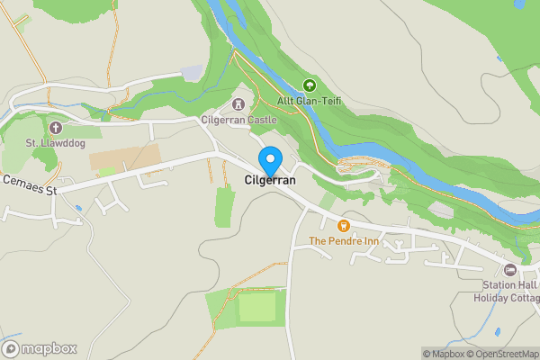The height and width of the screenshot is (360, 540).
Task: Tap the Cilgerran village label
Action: click(x=269, y=181)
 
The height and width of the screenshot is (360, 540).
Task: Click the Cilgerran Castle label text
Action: click(x=238, y=120)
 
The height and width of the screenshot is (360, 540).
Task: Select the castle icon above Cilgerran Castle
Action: click(x=238, y=104)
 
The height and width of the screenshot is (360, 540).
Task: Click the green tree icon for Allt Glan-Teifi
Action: click(x=310, y=85)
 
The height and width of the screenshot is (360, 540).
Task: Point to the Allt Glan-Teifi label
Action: click(x=310, y=101)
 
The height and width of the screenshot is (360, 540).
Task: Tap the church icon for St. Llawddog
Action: click(x=55, y=128)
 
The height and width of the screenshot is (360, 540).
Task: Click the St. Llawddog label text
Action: click(x=55, y=143)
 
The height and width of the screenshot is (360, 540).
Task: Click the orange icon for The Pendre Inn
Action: click(x=343, y=225)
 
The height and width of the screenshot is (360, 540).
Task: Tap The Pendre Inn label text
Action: click(x=343, y=240)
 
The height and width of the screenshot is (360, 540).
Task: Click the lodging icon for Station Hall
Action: click(x=510, y=270)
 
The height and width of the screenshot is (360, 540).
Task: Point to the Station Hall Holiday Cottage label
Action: click(x=508, y=292)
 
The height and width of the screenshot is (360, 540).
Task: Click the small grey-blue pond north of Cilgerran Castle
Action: click(x=193, y=72)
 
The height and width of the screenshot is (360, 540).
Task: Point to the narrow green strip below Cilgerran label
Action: click(x=225, y=206)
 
